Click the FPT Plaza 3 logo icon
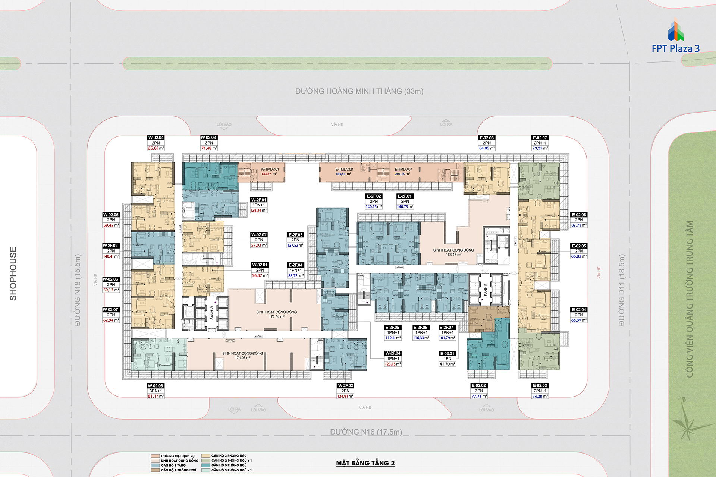[675, 31]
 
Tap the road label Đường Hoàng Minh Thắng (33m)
[359, 91]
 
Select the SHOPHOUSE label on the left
[13, 274]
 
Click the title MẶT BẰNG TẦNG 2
[365, 463]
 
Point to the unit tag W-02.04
[156, 138]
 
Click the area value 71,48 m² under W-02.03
[209, 148]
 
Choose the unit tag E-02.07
[540, 138]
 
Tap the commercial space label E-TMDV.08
[344, 169]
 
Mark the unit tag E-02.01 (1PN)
[447, 354]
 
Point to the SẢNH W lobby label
[212, 313]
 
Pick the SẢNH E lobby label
[486, 290]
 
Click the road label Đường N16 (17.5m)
[366, 432]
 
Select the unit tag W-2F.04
[393, 353]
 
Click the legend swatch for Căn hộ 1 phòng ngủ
[155, 470]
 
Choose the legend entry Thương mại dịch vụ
[178, 456]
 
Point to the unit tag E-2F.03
[295, 235]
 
